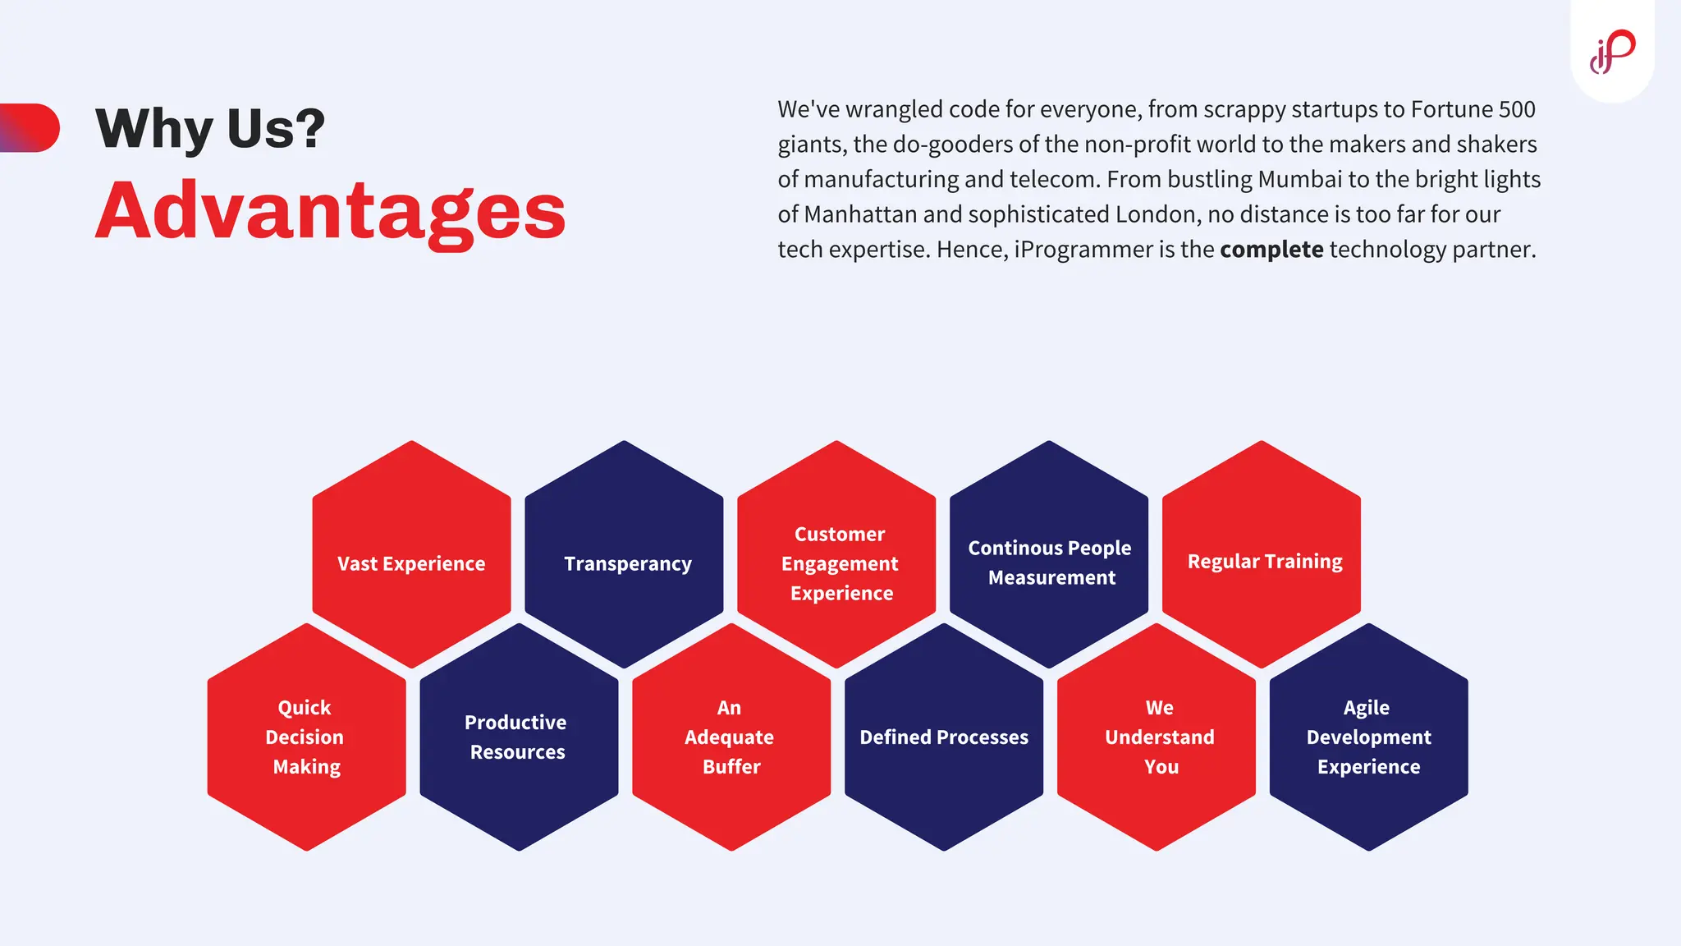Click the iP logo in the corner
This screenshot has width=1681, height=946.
pyautogui.click(x=1612, y=52)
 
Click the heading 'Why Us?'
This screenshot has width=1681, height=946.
pyautogui.click(x=210, y=129)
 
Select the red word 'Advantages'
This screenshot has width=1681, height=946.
pyautogui.click(x=330, y=212)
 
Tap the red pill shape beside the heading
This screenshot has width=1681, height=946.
pyautogui.click(x=30, y=127)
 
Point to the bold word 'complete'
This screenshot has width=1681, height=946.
pyautogui.click(x=1271, y=250)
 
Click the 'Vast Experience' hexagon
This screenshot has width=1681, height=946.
pyautogui.click(x=411, y=555)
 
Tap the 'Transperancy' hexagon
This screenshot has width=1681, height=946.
pyautogui.click(x=624, y=555)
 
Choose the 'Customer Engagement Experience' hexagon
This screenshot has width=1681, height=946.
pyautogui.click(x=836, y=555)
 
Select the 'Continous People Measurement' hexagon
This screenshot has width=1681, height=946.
pyautogui.click(x=1049, y=555)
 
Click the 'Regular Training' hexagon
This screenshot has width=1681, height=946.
pyautogui.click(x=1262, y=555)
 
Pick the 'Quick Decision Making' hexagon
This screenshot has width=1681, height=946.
pyautogui.click(x=306, y=737)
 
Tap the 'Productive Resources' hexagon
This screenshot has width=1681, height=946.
pyautogui.click(x=519, y=737)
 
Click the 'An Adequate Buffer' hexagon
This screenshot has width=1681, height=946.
pyautogui.click(x=731, y=737)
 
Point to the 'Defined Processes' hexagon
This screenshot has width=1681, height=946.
pyautogui.click(x=944, y=737)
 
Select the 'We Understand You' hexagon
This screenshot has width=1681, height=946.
pyautogui.click(x=1157, y=737)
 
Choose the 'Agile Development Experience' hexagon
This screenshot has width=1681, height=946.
pyautogui.click(x=1368, y=737)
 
